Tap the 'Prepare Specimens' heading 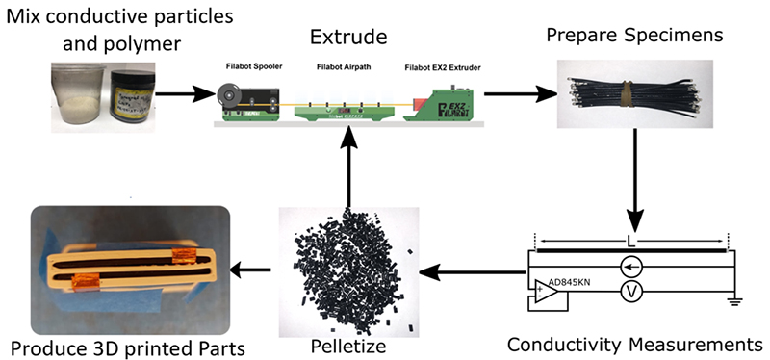[x=634, y=36]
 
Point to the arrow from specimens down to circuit [x=635, y=179]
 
